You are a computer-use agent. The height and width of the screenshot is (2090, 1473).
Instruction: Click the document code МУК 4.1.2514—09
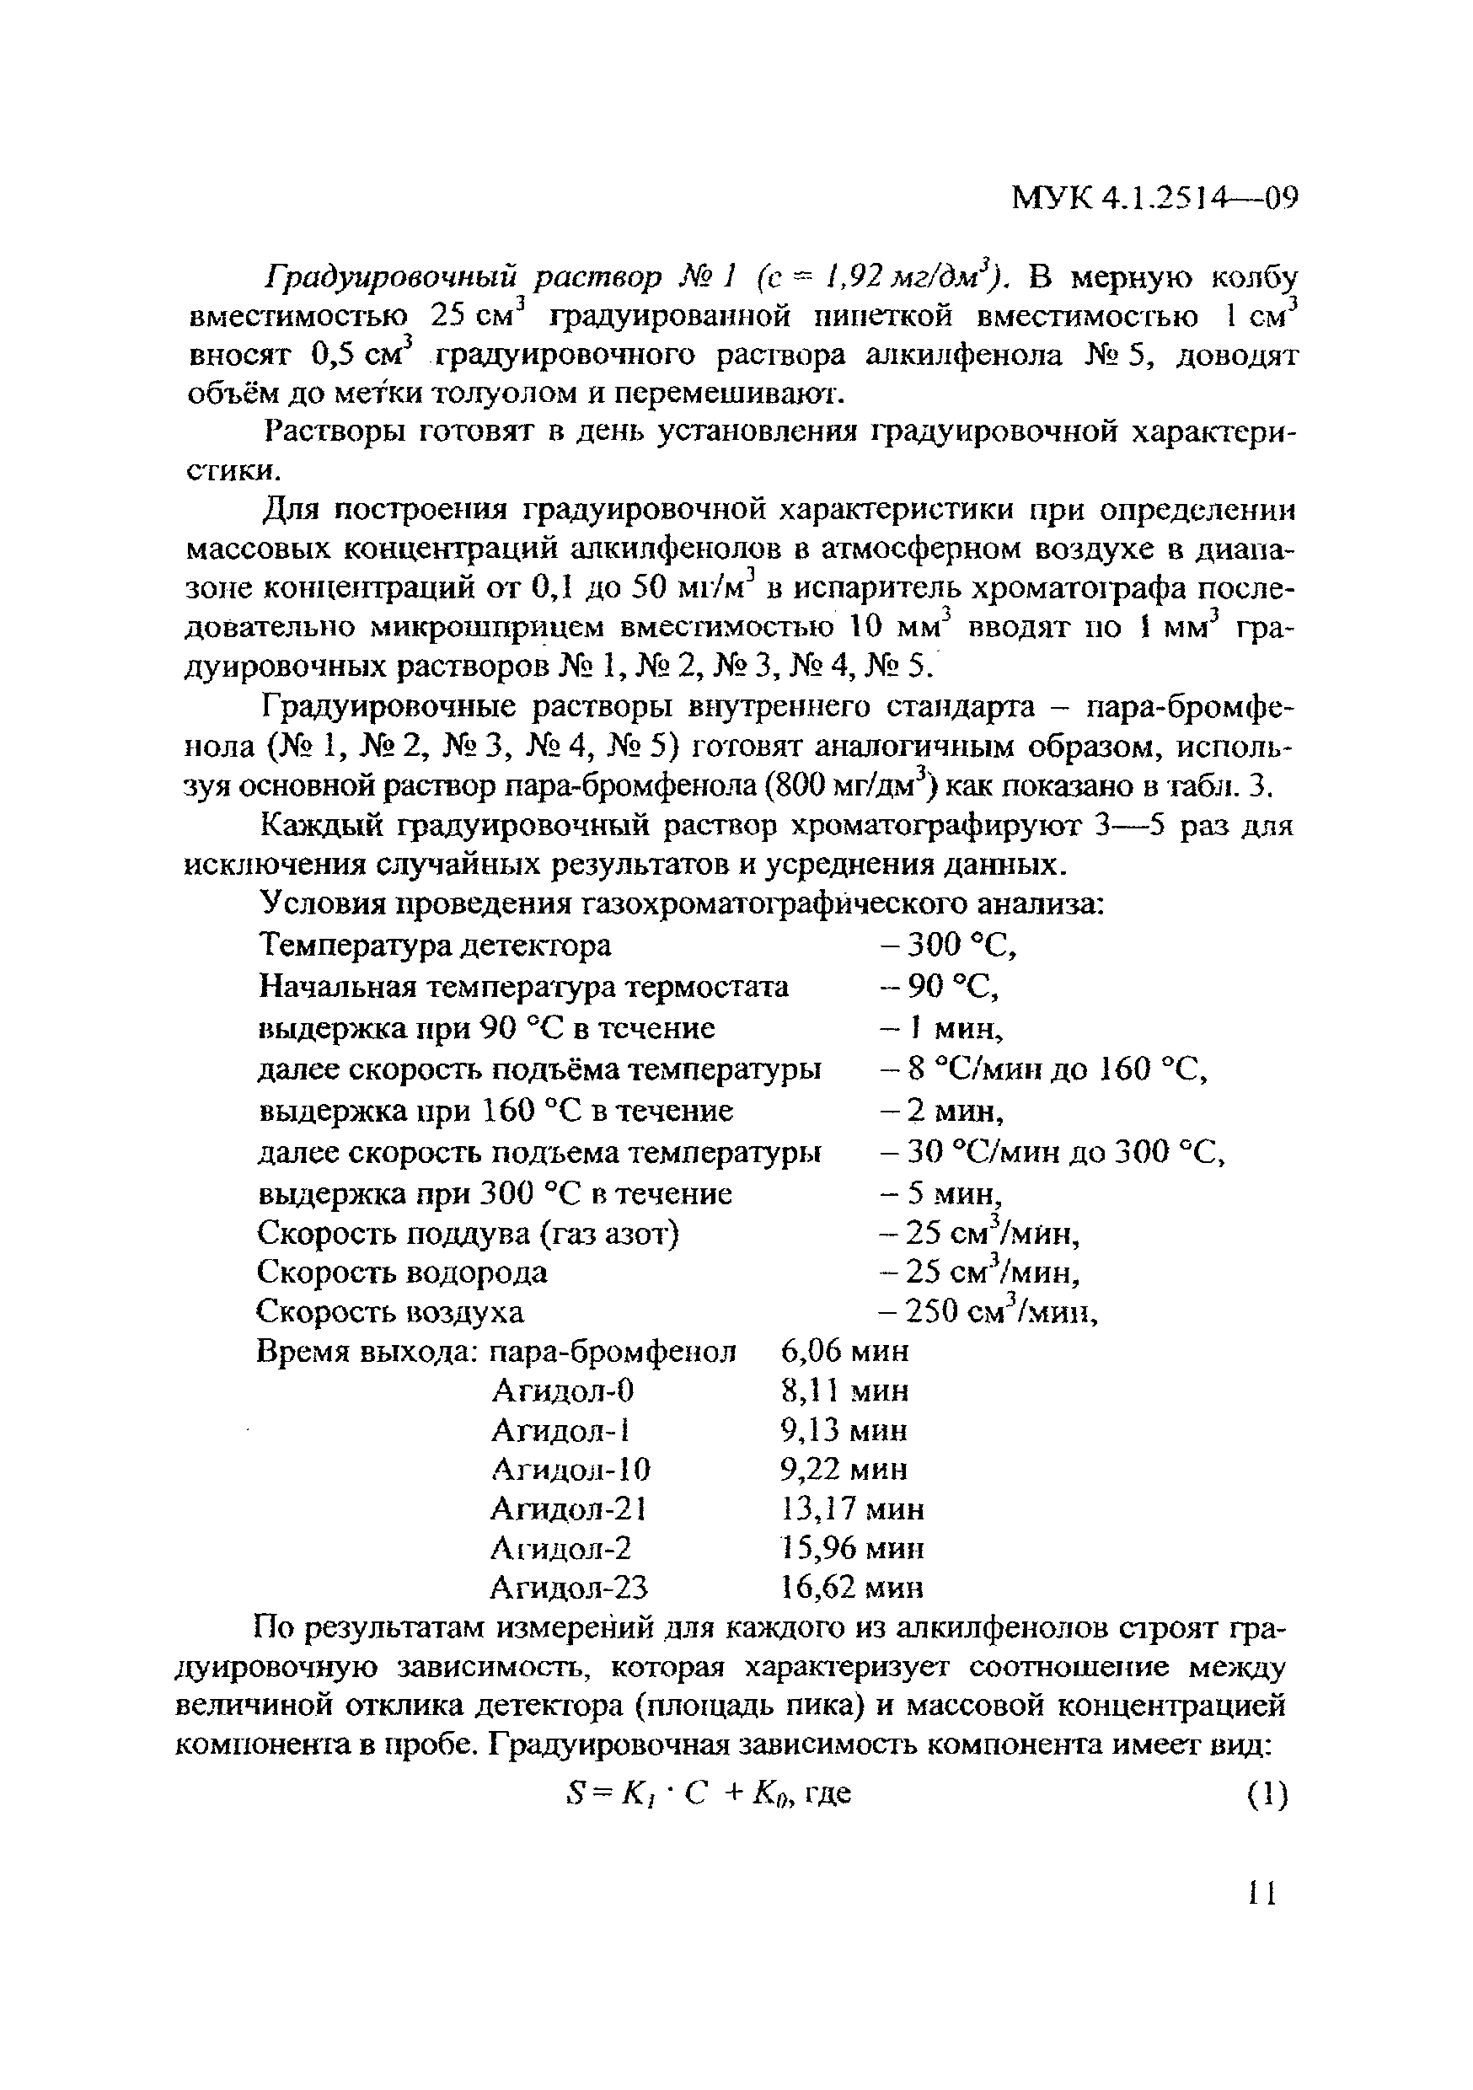pos(1154,197)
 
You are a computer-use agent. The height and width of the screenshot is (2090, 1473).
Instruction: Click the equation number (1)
pos(1267,1794)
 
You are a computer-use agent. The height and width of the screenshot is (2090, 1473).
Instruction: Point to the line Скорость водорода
pos(403,1272)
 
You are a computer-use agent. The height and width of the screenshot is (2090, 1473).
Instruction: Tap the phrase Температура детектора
pos(435,946)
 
